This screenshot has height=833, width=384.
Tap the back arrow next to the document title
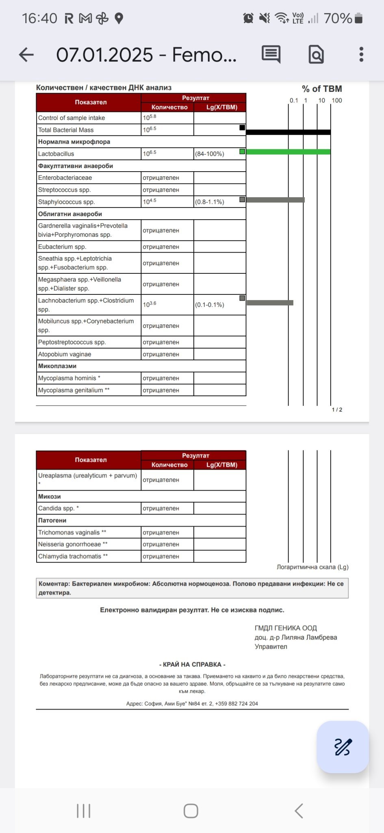[x=26, y=55]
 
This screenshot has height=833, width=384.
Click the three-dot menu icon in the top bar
[x=361, y=55]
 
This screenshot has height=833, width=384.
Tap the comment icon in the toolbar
[x=271, y=55]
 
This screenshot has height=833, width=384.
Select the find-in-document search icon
[x=316, y=55]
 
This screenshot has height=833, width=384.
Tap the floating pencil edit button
[x=343, y=747]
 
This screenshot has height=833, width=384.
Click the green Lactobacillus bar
[x=288, y=152]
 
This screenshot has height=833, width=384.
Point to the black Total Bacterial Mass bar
[x=288, y=132]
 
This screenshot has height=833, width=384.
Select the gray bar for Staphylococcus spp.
[x=275, y=200]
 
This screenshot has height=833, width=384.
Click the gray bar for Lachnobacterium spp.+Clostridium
[x=270, y=303]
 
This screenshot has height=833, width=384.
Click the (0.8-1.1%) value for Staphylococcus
[x=210, y=202]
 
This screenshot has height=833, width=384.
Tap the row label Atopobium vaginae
[x=65, y=354]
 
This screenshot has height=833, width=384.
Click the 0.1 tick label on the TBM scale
[x=294, y=100]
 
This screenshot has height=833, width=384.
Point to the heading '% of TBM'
[x=322, y=89]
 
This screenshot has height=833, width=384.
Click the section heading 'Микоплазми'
[x=57, y=366]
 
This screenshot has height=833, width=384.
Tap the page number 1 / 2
[x=337, y=410]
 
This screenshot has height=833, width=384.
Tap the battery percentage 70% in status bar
[x=338, y=18]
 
